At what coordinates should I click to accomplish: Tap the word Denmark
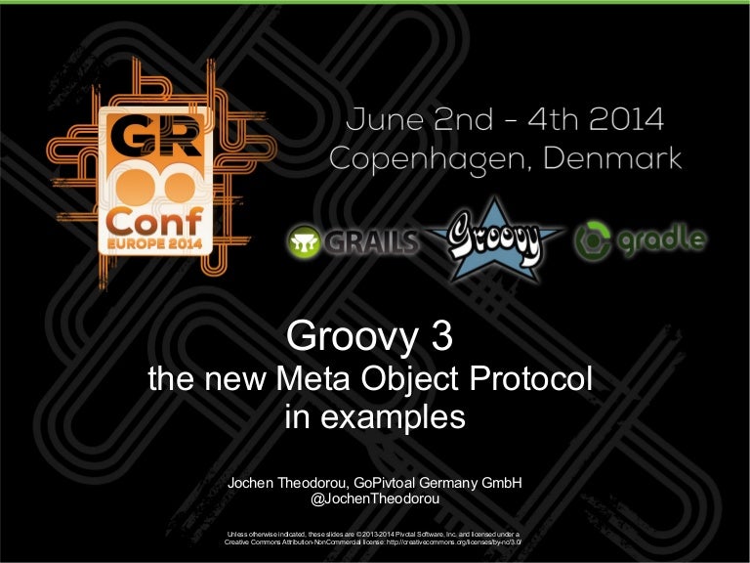point(619,159)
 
